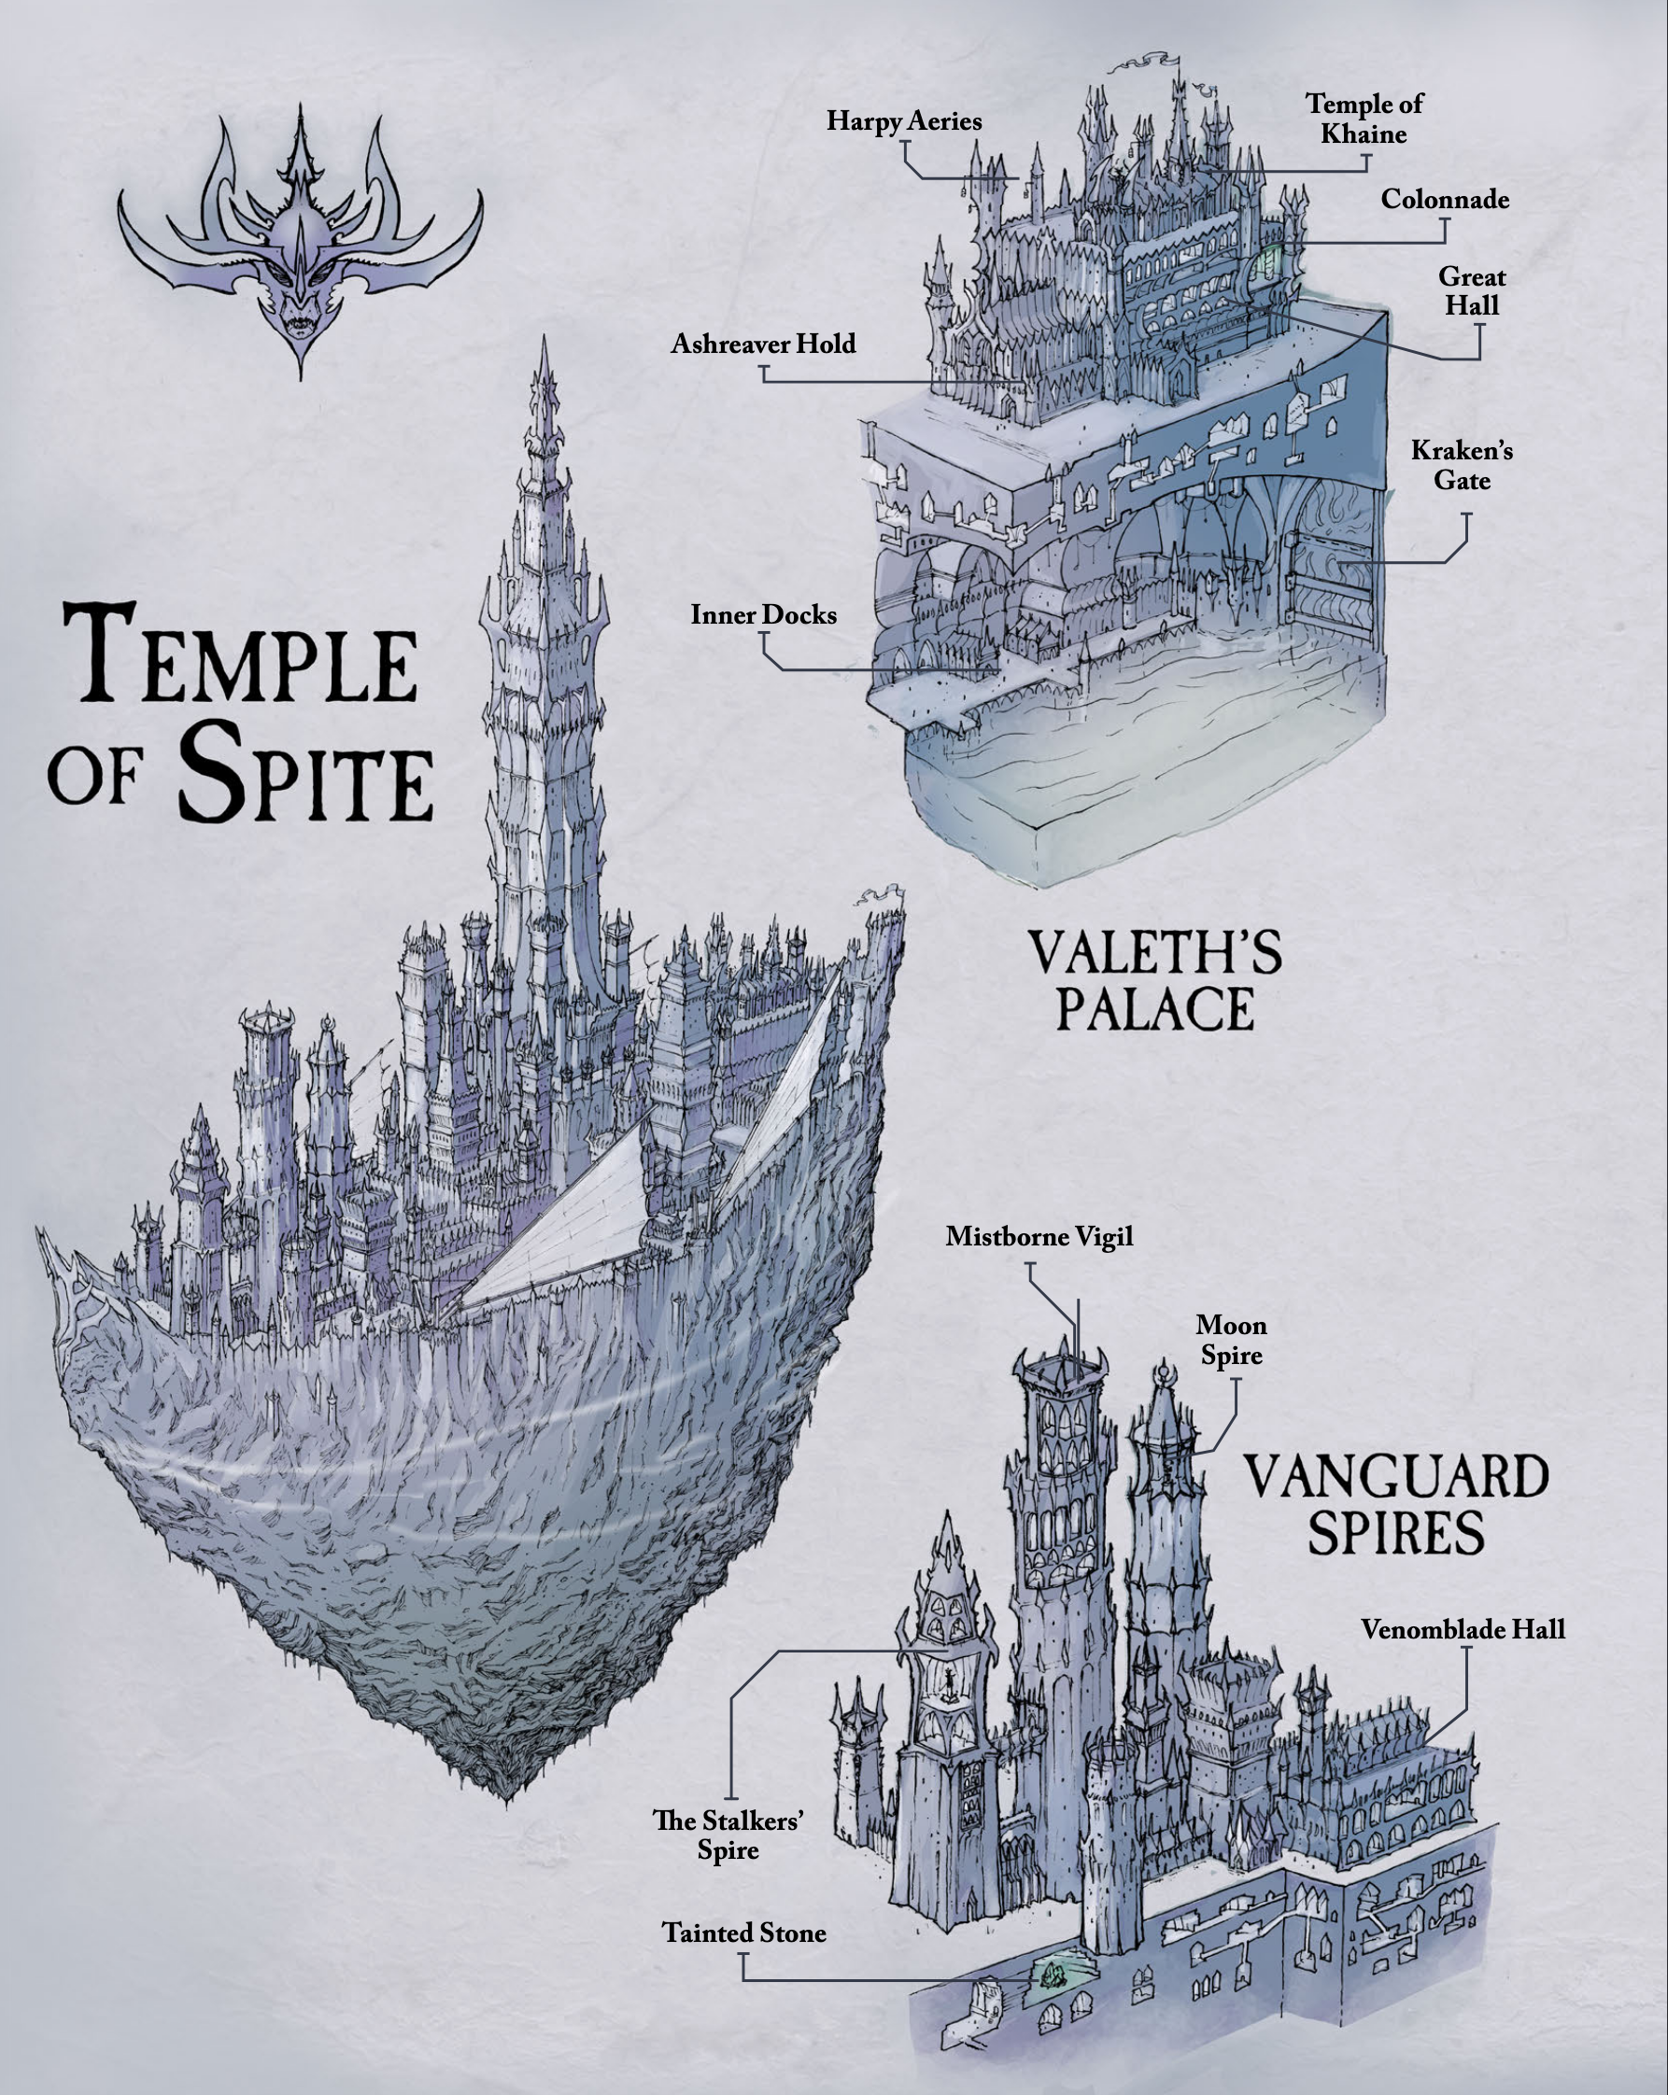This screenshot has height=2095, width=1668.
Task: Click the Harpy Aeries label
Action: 904,121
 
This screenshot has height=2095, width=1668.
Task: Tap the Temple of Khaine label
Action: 1364,119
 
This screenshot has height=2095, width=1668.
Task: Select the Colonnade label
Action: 1445,199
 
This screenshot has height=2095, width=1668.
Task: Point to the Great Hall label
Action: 1471,291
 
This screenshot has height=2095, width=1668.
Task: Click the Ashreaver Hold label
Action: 763,344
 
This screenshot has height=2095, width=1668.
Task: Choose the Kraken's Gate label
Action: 1462,466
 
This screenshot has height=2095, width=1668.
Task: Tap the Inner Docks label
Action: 763,615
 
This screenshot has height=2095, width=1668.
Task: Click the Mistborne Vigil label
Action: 1039,1237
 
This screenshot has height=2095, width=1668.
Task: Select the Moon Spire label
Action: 1231,1340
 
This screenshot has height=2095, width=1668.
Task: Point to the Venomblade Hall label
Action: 1463,1629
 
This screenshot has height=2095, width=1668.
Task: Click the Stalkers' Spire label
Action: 728,1835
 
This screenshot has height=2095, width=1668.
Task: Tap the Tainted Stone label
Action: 744,1933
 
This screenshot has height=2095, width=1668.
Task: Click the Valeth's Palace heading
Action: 1154,979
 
